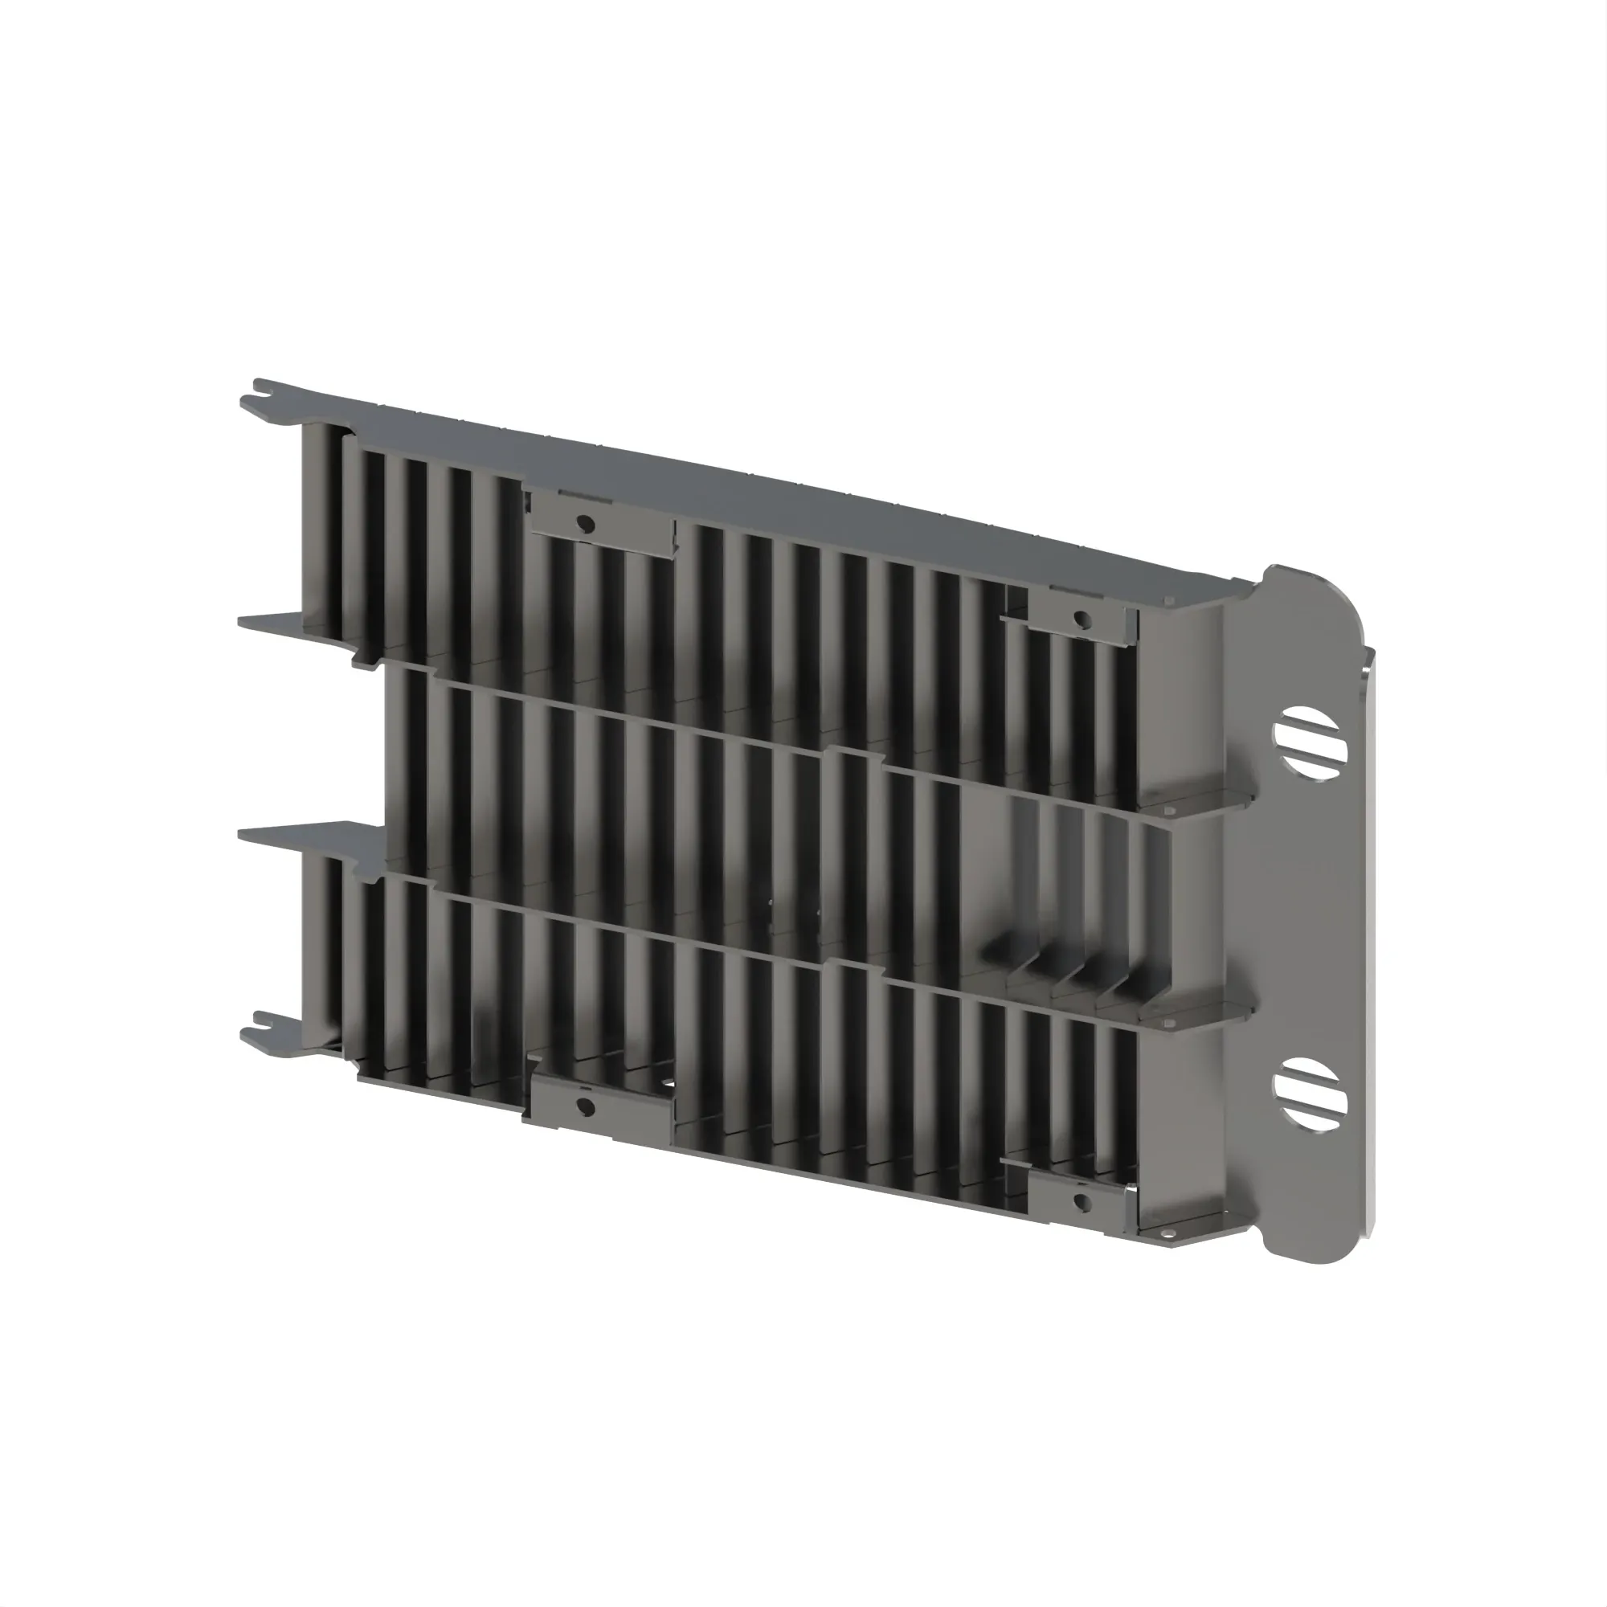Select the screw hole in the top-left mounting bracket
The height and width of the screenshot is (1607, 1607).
point(585,523)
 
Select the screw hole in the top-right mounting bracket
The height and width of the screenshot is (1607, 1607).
point(1082,618)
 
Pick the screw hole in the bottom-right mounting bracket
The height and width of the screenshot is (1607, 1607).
point(1082,1201)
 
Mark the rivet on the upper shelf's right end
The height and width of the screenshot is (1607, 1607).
point(1169,806)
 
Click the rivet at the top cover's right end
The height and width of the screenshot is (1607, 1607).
point(1169,599)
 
